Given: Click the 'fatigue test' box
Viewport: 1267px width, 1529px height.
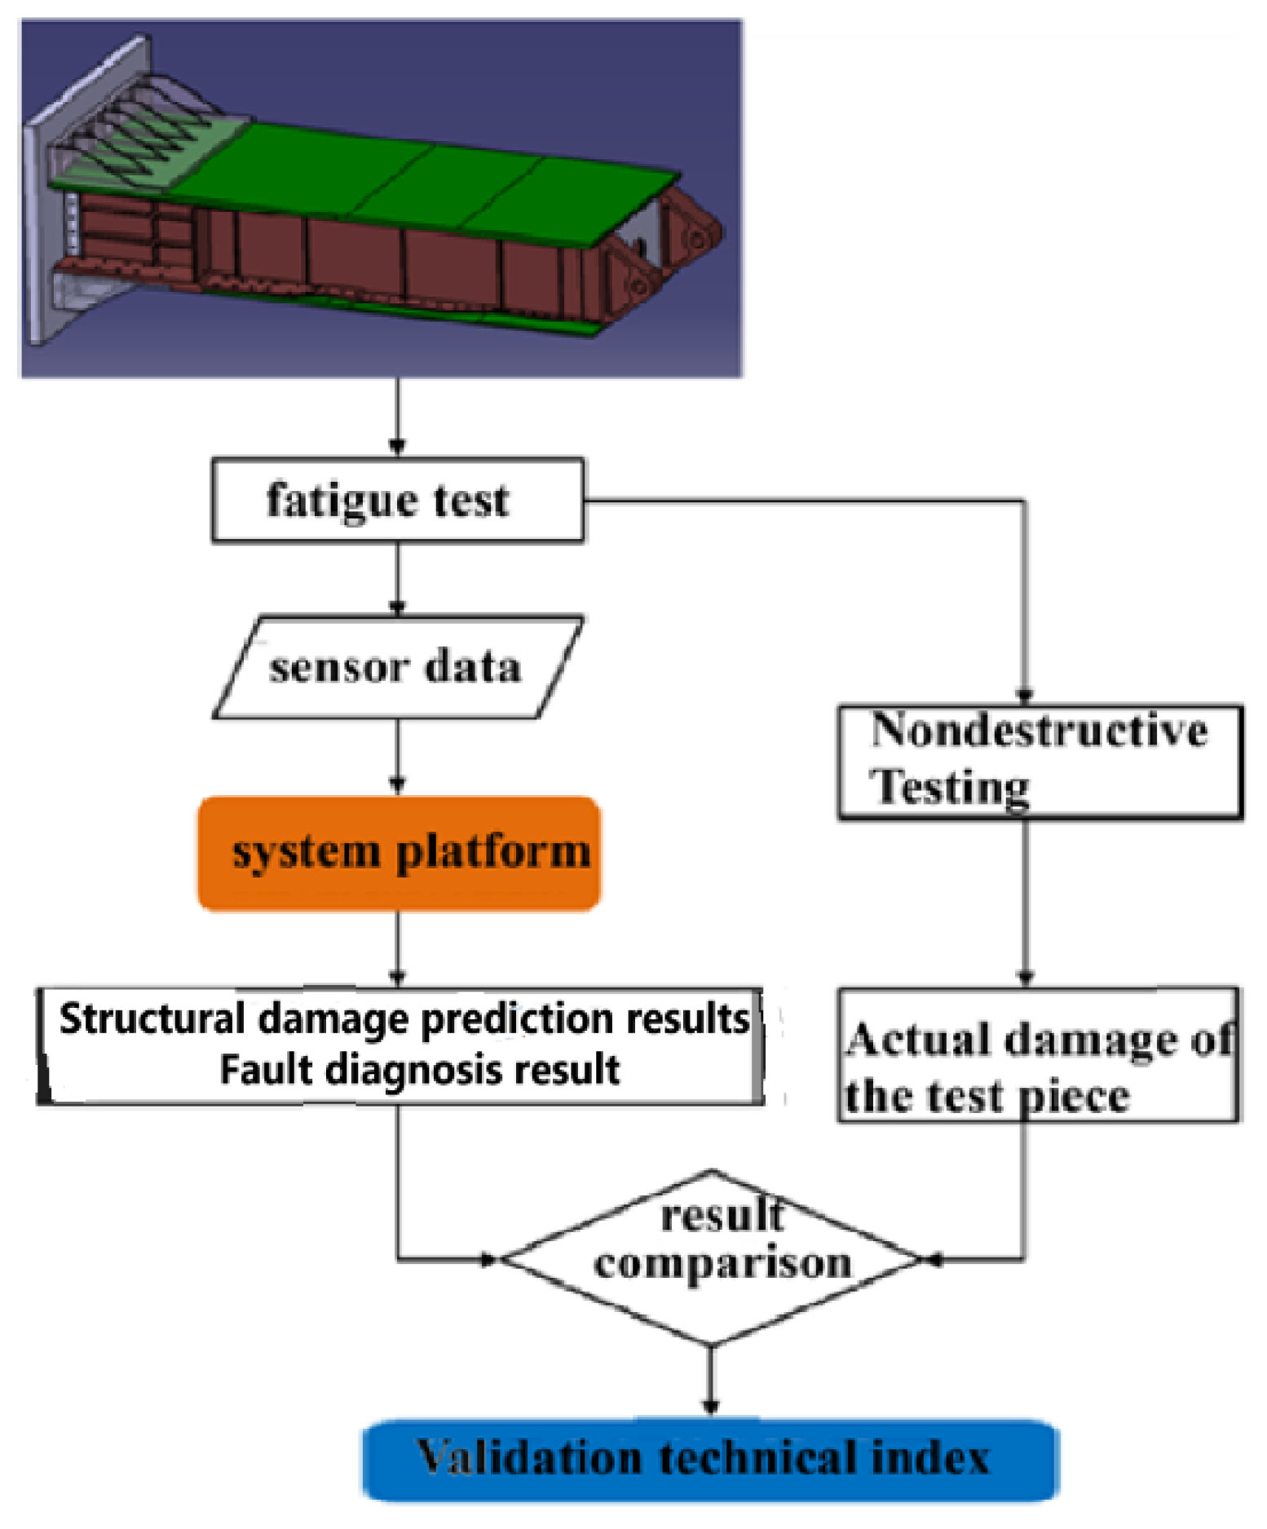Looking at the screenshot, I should [x=397, y=500].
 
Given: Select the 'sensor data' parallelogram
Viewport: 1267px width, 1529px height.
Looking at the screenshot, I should [x=397, y=667].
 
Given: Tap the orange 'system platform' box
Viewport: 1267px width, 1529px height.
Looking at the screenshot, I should [x=399, y=852].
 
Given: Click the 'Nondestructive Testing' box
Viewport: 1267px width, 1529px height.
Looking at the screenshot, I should [x=1040, y=761].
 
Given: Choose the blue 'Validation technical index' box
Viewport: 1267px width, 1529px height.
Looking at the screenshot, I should [x=709, y=1459].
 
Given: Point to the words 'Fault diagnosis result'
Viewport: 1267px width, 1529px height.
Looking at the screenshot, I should [x=419, y=1069].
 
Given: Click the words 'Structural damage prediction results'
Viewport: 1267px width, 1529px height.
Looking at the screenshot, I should [x=404, y=1019].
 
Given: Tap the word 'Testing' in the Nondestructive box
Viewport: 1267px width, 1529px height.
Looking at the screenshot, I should [x=949, y=787].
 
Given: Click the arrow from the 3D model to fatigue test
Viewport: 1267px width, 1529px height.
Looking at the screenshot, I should [x=397, y=416].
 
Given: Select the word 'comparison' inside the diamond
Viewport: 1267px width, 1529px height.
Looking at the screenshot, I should [x=722, y=1264].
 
